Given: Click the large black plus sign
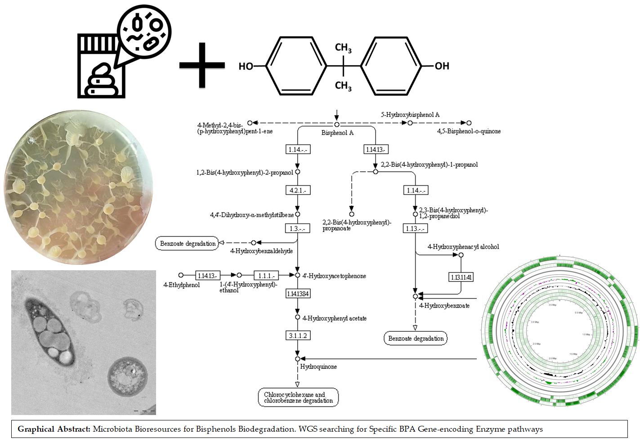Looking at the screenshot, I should [x=202, y=65].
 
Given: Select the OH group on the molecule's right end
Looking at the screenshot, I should [x=441, y=66].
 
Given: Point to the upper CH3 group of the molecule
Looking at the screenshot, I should [x=343, y=48].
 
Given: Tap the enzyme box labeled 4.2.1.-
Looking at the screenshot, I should [x=298, y=190].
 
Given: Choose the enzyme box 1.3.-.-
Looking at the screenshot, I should [x=297, y=228].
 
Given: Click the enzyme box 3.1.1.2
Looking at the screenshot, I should [x=298, y=335].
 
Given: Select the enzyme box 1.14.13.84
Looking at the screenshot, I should [x=298, y=294].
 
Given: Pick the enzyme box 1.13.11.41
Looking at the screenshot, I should [x=461, y=277].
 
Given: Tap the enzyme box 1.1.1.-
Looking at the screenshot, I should [x=266, y=275].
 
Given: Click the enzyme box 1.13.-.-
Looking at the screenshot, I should [x=415, y=228].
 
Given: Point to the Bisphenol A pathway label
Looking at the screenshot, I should [x=337, y=133].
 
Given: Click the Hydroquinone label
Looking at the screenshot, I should [x=318, y=366].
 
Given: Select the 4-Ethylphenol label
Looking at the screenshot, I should [x=181, y=285].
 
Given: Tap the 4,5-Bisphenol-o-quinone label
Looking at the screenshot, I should [x=469, y=131].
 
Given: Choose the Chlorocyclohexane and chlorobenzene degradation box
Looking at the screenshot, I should [x=298, y=397].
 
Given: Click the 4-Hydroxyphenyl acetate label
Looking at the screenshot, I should [x=334, y=318].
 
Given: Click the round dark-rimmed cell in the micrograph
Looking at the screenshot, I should [x=127, y=376].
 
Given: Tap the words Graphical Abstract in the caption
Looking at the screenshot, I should [x=54, y=429].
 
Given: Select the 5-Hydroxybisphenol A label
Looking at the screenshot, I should [x=410, y=115].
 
